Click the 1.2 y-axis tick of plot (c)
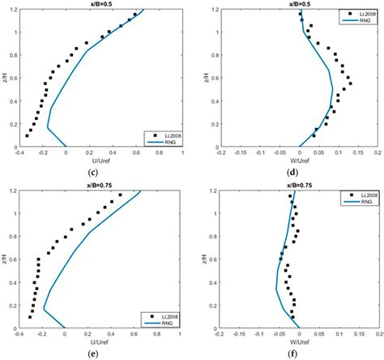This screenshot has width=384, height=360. click(x=15, y=10)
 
